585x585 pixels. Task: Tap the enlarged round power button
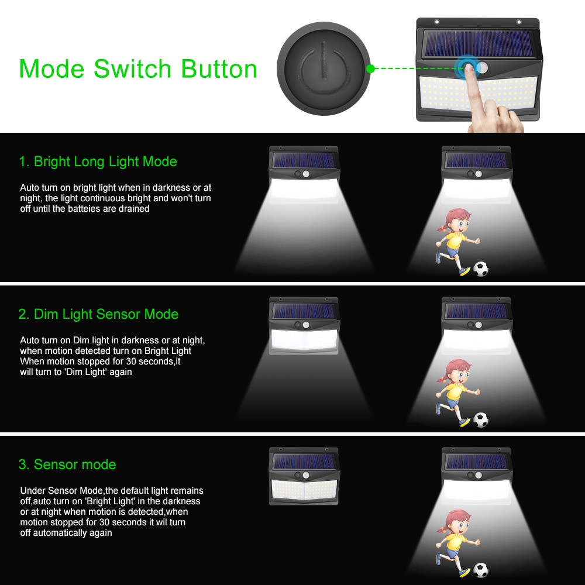324,68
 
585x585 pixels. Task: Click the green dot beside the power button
370,68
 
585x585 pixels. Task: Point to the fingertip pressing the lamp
469,68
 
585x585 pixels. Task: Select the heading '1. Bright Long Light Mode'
98,161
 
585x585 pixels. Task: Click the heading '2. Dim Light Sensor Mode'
98,314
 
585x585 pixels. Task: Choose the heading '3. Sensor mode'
67,464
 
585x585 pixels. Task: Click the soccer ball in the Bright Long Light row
480,269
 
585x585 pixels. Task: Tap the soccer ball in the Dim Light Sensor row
480,419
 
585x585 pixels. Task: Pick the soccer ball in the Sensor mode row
480,570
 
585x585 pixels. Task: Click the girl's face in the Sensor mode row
460,526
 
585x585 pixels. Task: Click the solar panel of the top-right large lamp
479,43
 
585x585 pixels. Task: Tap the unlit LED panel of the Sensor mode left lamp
304,490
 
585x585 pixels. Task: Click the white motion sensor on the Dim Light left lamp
306,325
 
